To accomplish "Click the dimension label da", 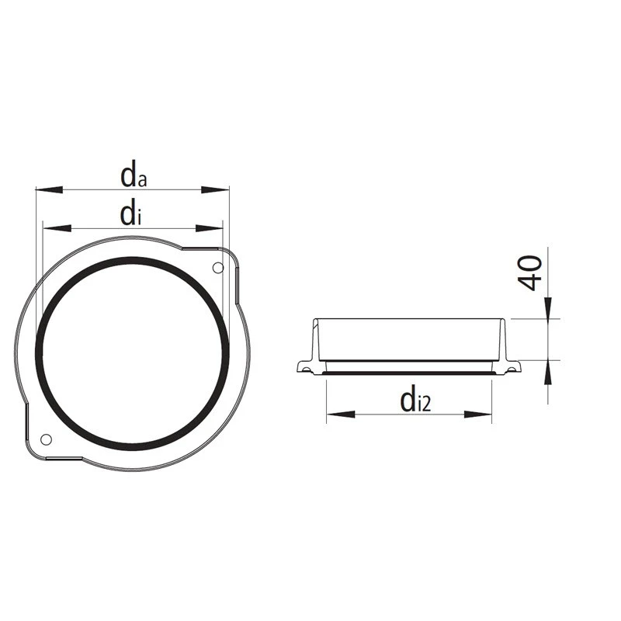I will click(134, 176).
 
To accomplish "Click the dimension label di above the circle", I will click(130, 215).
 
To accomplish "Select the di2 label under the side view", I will click(415, 401).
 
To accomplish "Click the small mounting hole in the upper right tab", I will click(217, 268).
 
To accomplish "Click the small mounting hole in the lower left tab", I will click(46, 439).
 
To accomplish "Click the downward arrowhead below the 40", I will click(548, 308).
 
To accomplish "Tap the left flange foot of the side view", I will click(305, 367).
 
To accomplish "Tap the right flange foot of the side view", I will click(512, 366).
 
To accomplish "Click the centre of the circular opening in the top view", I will click(132, 353).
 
